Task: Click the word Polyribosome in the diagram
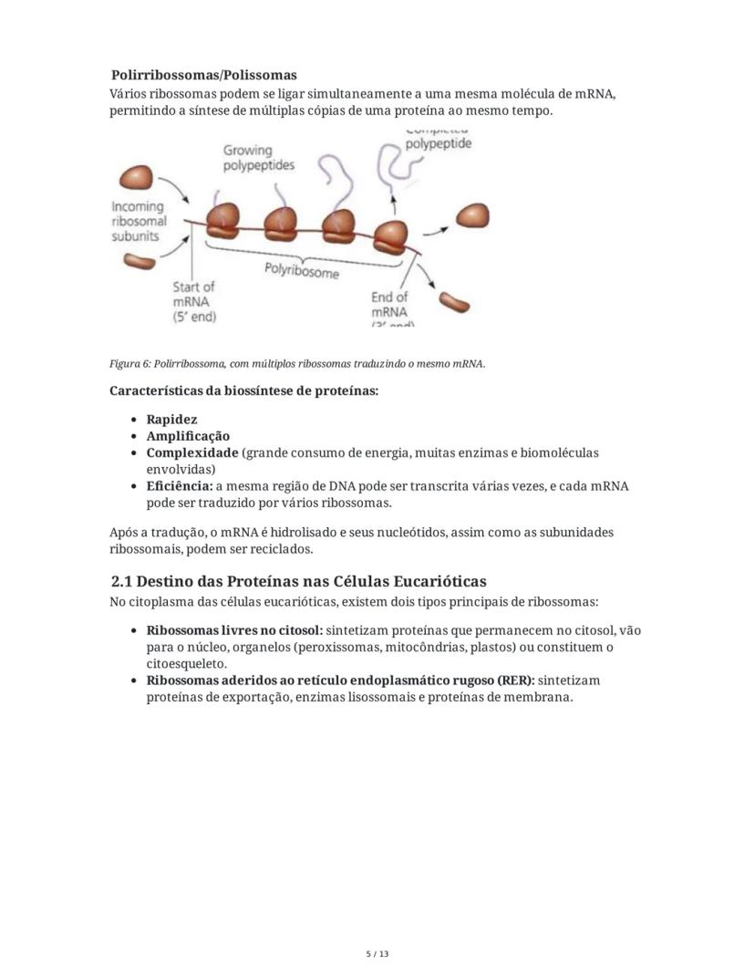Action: pos(302,271)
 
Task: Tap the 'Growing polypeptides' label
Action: pos(259,158)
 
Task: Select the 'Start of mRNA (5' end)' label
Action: pos(194,301)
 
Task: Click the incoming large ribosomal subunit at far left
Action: pos(139,178)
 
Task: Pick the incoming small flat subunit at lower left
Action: pos(140,263)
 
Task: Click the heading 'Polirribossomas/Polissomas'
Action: pos(203,75)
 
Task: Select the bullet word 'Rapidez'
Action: pos(171,420)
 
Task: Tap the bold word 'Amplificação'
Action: pos(188,436)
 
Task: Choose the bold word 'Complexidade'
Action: pos(191,452)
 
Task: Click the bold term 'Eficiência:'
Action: pos(179,486)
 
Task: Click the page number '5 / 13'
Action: pos(377,954)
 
